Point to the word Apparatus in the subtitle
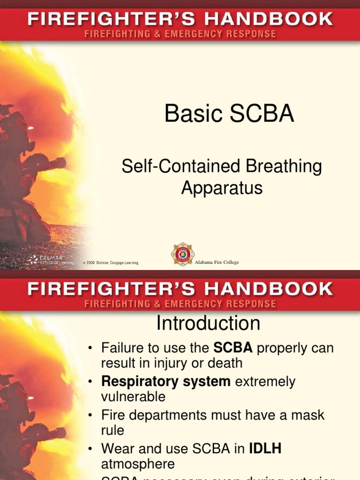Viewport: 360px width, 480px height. pos(222,188)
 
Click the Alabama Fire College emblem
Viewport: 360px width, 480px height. pos(182,255)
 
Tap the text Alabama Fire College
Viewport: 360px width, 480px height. pos(217,262)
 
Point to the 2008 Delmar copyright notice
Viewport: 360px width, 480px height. pos(111,263)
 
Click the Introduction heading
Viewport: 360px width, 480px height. pos(208,323)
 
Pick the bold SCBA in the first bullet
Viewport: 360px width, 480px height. pos(233,348)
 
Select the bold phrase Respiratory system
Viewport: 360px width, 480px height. pos(166,382)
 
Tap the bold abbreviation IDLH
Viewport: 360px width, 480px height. pos(265,449)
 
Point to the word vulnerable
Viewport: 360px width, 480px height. pos(133,397)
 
